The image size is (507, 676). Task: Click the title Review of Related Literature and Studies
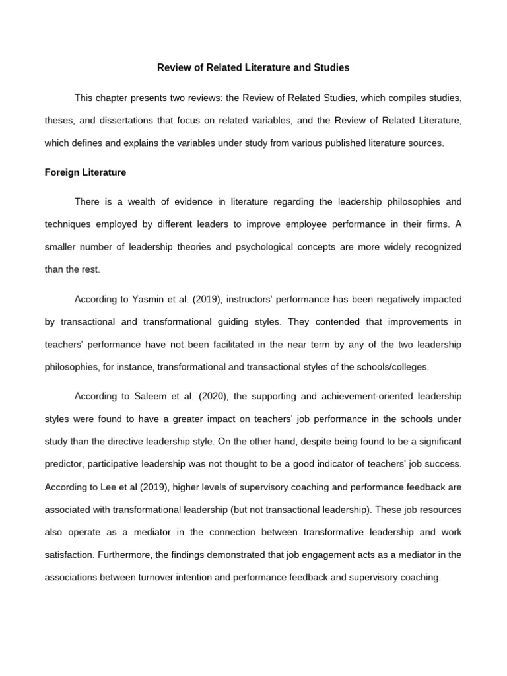[253, 67]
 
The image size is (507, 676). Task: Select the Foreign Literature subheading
[85, 172]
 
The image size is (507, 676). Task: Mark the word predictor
[69, 465]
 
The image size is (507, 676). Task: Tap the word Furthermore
[125, 555]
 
